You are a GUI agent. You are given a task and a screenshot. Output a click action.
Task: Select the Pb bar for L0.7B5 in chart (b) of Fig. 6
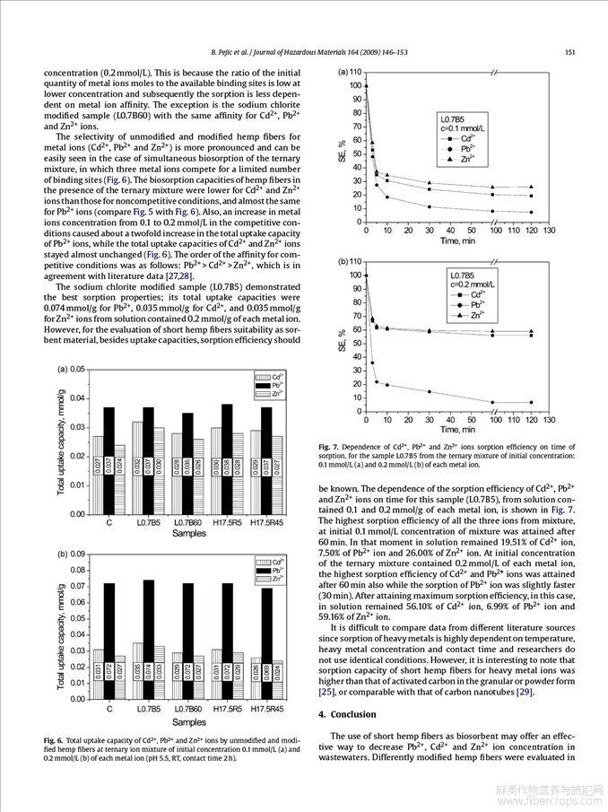[148, 637]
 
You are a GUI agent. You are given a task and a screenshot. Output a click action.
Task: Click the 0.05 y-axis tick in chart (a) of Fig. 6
[78, 370]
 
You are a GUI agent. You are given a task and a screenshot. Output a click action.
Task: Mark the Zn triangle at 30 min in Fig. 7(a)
[430, 183]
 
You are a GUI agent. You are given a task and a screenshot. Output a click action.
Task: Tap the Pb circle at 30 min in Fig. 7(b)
[430, 392]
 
